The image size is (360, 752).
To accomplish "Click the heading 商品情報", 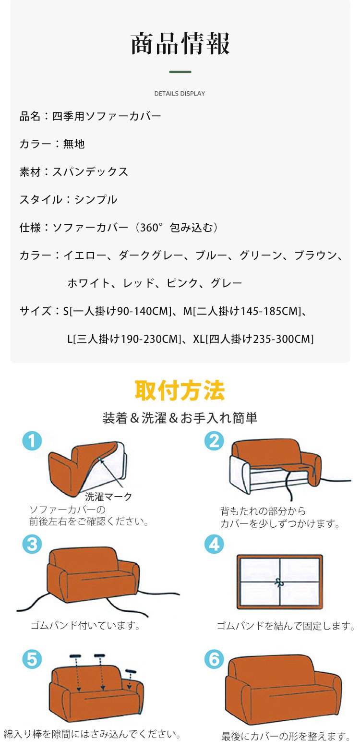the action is tap(180, 44).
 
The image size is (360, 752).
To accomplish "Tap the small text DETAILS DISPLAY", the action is tap(180, 94).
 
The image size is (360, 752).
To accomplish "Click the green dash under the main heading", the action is tap(180, 72).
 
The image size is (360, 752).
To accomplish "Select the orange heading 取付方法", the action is tap(180, 390).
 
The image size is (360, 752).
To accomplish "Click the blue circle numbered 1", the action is tap(32, 441).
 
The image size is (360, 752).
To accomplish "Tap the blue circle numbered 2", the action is tap(214, 441).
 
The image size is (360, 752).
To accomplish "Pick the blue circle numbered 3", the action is tap(32, 544).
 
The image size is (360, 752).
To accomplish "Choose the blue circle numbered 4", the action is tap(214, 544).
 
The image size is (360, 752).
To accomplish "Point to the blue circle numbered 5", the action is tap(32, 659).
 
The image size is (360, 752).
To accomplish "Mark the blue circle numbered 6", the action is tap(214, 659).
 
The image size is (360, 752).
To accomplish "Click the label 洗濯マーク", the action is tap(108, 496).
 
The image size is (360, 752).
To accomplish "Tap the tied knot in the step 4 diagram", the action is tap(279, 582).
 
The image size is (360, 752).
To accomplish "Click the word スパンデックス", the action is tap(90, 171).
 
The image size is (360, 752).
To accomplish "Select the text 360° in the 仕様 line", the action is tap(150, 227).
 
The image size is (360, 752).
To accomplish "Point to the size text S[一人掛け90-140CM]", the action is tap(118, 311).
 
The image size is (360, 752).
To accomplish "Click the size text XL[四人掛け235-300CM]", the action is tap(253, 339).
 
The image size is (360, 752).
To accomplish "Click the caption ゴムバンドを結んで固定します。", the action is tap(286, 626).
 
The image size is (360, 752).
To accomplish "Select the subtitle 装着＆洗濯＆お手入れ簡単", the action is tap(180, 418).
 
